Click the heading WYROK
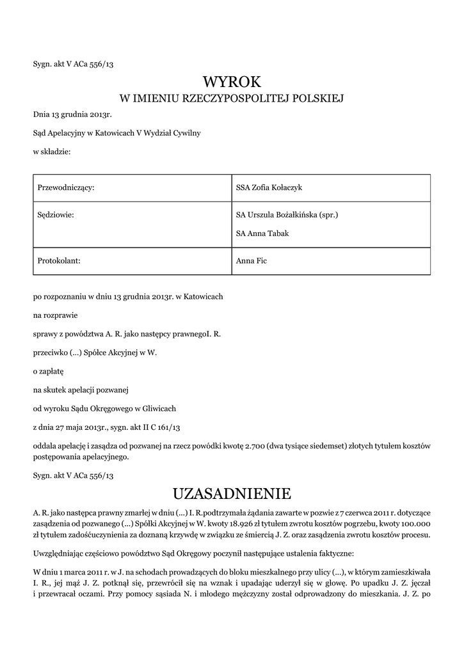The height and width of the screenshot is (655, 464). [x=232, y=82]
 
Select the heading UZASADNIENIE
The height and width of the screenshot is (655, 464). [x=232, y=494]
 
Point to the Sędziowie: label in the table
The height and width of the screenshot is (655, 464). [x=57, y=215]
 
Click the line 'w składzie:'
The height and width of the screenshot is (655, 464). [x=52, y=152]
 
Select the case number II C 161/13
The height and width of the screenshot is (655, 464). [x=174, y=427]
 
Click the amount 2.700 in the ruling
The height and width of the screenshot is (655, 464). [x=257, y=445]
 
